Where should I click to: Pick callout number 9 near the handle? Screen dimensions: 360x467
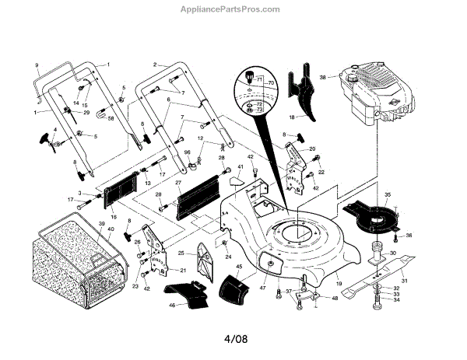pos(36,64)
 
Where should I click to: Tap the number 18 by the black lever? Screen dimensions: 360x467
pos(292,117)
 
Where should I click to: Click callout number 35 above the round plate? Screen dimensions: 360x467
pos(388,195)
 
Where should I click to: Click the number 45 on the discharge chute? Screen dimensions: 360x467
pos(238,267)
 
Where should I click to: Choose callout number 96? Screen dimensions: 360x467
pos(188,152)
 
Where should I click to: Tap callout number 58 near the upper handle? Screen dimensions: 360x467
pos(111,118)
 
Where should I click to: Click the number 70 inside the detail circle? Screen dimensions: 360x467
pos(272,82)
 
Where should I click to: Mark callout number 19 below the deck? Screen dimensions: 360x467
pos(339,284)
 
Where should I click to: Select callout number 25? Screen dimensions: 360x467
pos(181,253)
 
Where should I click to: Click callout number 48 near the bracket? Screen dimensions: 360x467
pos(335,297)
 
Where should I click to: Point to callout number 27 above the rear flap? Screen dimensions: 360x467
pos(178,183)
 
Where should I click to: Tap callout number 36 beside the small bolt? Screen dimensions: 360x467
pos(409,235)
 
